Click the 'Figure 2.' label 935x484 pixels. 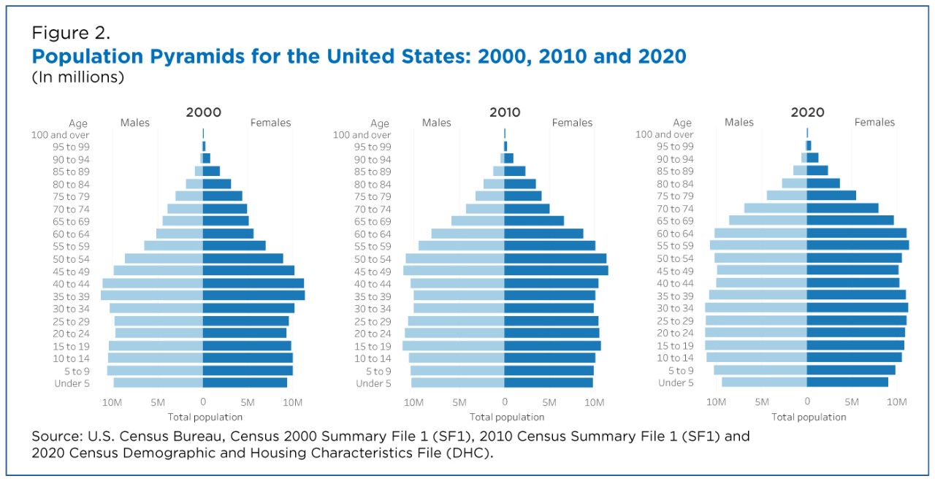click(71, 33)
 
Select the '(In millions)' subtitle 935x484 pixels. click(77, 77)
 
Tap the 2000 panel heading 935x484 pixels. click(203, 112)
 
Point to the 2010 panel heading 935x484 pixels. click(505, 112)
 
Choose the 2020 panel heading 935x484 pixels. click(807, 112)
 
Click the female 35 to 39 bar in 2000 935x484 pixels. click(253, 296)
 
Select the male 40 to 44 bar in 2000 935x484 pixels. click(153, 283)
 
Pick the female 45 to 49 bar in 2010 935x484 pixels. click(556, 271)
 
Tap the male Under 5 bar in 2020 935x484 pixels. click(764, 383)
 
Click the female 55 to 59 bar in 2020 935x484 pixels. click(858, 245)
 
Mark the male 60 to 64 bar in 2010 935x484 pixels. click(467, 234)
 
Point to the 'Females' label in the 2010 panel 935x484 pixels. click(572, 123)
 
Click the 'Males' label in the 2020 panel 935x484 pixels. click(739, 123)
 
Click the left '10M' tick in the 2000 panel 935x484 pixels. click(112, 402)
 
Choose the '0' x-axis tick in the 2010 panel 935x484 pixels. click(504, 402)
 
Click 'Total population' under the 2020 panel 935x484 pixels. click(809, 417)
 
